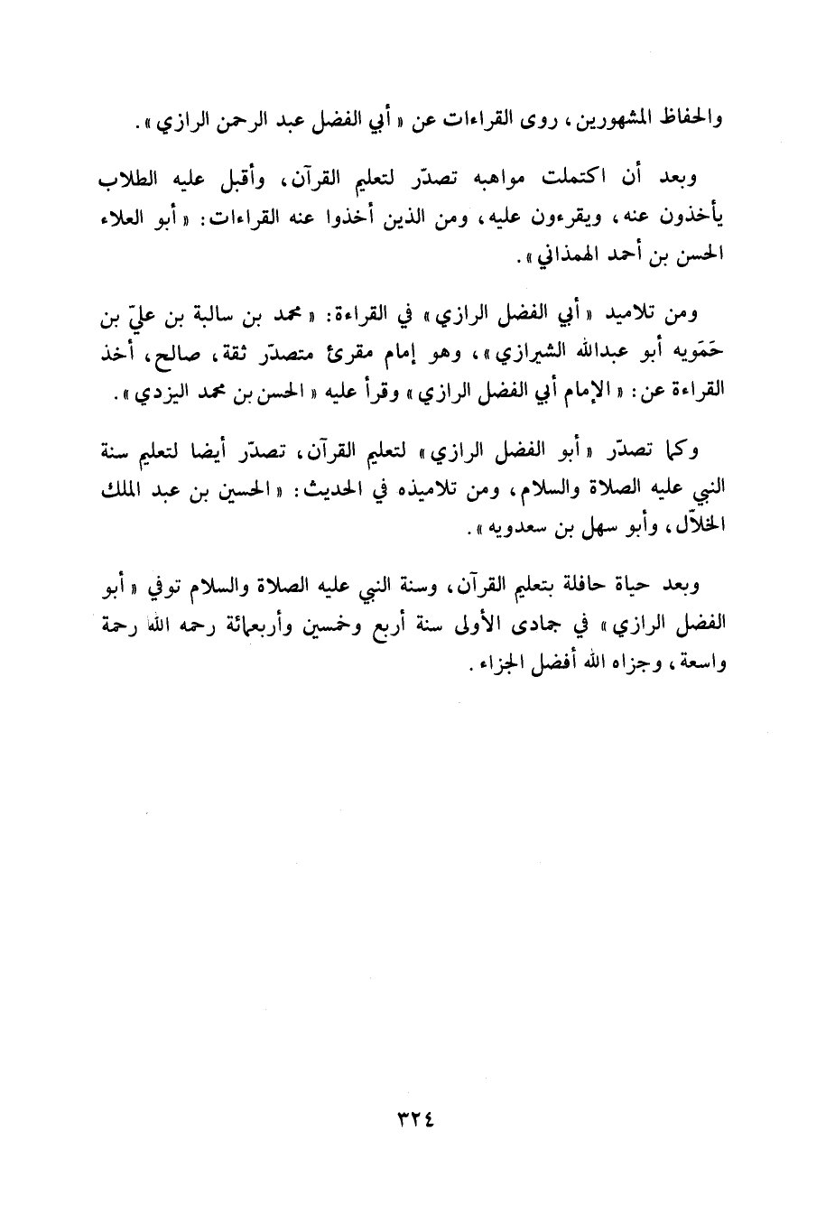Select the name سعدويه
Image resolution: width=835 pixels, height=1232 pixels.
coord(521,533)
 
